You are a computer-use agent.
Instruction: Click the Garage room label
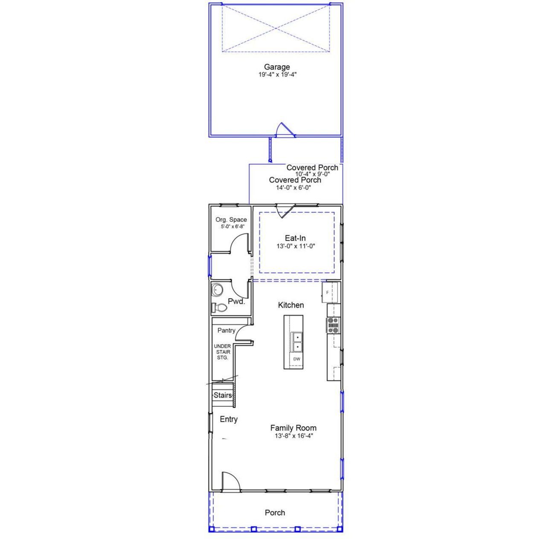277,67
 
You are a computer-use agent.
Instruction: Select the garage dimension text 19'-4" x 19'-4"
277,75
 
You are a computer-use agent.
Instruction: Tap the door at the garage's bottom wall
284,131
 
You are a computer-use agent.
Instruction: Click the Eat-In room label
295,238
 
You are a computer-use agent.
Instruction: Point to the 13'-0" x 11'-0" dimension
295,246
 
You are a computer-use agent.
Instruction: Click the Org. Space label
231,220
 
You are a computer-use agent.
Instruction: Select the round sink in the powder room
218,290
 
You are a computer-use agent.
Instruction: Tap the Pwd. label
236,302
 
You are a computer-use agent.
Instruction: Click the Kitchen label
291,305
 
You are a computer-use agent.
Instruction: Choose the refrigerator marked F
330,292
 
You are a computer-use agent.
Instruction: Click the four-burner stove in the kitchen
333,325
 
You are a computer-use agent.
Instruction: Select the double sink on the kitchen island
296,342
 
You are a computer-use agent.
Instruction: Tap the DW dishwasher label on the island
296,359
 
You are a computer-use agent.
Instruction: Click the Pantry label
226,331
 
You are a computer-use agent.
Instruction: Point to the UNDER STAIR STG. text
222,352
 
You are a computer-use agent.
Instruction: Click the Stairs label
223,395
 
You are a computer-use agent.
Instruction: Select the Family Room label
293,428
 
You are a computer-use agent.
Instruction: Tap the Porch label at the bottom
275,513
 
